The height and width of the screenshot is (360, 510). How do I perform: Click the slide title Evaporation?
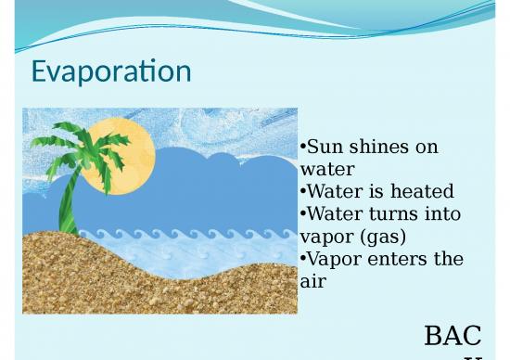111,71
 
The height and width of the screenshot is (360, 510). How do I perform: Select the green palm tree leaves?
79,148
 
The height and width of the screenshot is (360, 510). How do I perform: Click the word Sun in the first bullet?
325,148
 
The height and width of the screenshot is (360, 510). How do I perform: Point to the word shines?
379,148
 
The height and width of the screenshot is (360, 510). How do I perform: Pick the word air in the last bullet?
313,281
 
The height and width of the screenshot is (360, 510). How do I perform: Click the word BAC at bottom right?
453,335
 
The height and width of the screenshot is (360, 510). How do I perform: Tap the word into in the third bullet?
443,214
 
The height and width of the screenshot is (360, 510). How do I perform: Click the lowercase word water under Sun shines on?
327,170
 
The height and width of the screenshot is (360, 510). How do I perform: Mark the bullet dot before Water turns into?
303,214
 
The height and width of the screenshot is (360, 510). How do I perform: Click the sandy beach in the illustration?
139,278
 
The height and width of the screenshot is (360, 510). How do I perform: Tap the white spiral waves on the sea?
185,238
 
